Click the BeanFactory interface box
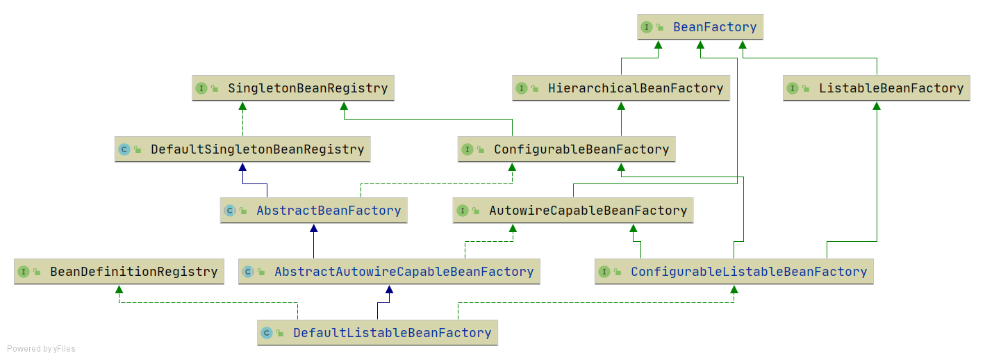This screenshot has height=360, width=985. pyautogui.click(x=700, y=27)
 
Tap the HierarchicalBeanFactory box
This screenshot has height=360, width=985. pyautogui.click(x=635, y=88)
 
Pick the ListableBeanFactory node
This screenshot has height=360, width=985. pyautogui.click(x=891, y=88)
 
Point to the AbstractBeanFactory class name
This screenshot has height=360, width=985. pyautogui.click(x=329, y=211)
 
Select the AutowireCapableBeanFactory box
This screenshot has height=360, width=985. pyautogui.click(x=588, y=211)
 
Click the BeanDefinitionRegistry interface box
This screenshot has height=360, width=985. pyautogui.click(x=133, y=272)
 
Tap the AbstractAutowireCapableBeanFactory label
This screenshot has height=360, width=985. pyautogui.click(x=404, y=272)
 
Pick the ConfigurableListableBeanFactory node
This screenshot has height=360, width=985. pyautogui.click(x=748, y=272)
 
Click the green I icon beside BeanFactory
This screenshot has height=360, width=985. pyautogui.click(x=647, y=27)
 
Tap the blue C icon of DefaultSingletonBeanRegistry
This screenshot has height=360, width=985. pyautogui.click(x=124, y=149)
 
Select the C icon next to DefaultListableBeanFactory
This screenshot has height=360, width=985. pyautogui.click(x=266, y=333)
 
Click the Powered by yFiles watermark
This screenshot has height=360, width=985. pyautogui.click(x=41, y=349)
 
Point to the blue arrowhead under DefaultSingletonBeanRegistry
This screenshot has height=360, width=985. pyautogui.click(x=242, y=167)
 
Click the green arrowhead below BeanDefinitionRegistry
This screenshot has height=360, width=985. pyautogui.click(x=119, y=289)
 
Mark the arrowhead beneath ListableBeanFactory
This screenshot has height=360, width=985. pyautogui.click(x=877, y=106)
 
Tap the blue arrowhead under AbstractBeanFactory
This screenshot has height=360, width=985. pyautogui.click(x=313, y=228)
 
